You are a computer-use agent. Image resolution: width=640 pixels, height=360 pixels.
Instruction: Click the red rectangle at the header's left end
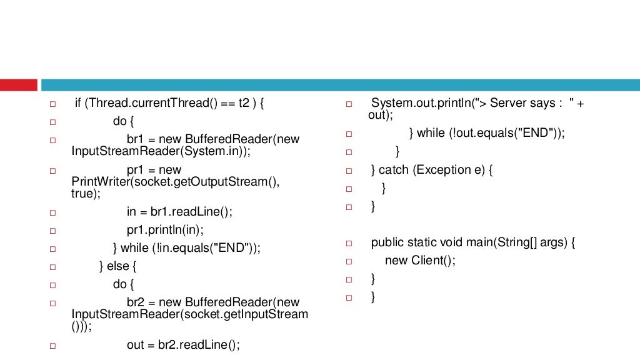pos(19,85)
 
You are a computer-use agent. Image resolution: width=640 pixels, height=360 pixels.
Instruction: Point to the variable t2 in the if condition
pos(243,104)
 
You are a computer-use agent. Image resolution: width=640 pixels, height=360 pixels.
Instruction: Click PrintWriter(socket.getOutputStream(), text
pos(176,182)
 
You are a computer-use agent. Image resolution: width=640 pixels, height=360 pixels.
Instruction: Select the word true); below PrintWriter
pos(86,194)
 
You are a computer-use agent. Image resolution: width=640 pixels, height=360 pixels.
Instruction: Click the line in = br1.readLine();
pos(179,212)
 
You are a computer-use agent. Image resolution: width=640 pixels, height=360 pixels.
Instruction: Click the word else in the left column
pos(117,266)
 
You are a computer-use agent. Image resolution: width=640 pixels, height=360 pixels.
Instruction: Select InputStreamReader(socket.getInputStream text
pos(190,314)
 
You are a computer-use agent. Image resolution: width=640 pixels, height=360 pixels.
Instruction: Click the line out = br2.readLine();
pos(183,345)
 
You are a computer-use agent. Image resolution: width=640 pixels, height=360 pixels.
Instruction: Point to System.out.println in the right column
pos(420,103)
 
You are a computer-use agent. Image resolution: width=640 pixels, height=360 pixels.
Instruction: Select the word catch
pos(393,170)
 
